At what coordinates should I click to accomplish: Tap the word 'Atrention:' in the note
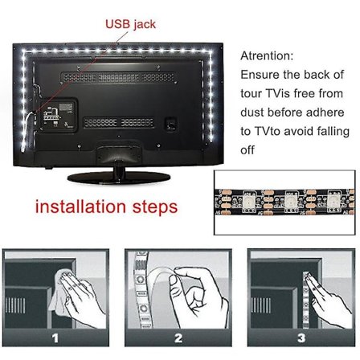267,56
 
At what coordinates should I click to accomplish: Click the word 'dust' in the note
254,112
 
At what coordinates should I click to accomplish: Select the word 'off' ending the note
247,149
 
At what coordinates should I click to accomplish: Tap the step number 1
55,338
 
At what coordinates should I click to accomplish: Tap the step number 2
178,338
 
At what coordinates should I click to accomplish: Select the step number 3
301,338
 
